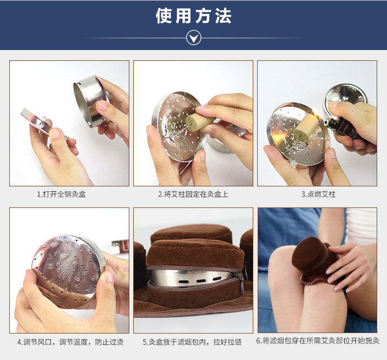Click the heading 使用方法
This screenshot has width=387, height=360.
point(193,16)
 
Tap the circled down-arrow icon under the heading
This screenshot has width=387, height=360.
point(193,37)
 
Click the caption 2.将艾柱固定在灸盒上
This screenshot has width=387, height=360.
point(193,194)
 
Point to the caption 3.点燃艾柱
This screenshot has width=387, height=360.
point(318,194)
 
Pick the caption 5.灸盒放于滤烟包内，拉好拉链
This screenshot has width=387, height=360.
point(193,342)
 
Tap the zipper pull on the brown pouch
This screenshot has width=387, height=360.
point(241,284)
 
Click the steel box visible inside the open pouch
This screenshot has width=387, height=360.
point(191,278)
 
